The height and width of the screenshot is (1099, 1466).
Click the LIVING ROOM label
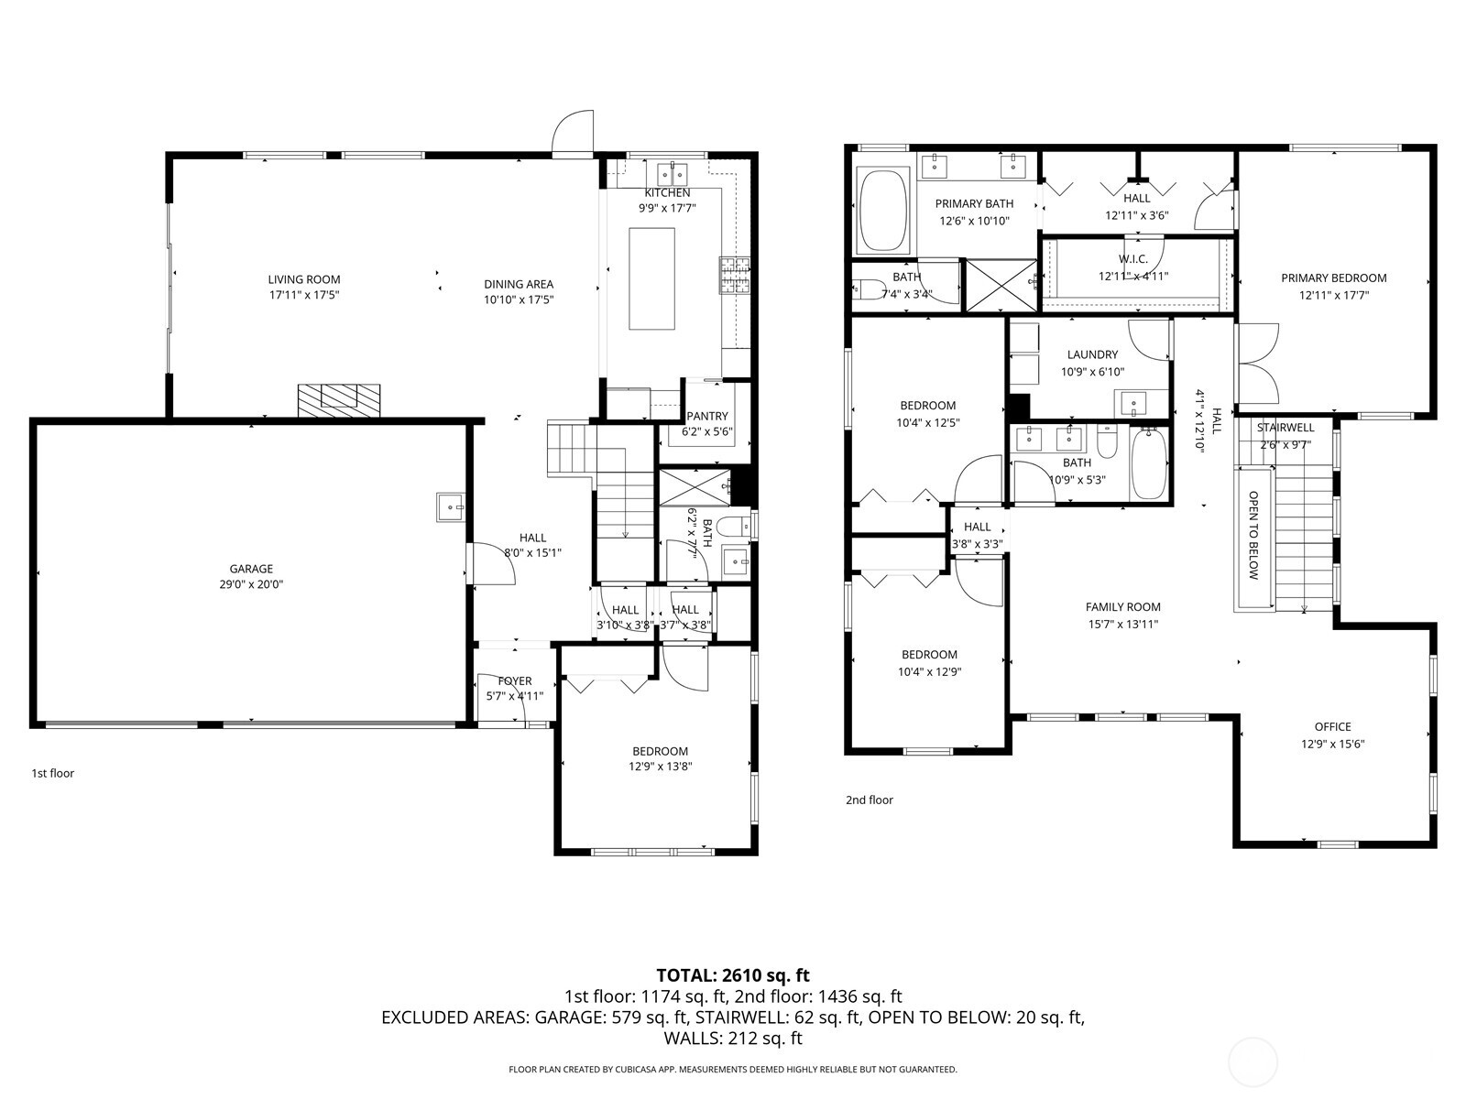tap(303, 279)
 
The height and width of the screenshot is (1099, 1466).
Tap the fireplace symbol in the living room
tap(338, 399)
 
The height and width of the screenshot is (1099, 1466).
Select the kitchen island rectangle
tap(651, 278)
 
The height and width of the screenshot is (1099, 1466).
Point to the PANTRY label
tap(706, 416)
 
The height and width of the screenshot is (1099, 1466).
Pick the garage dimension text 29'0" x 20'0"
tap(251, 584)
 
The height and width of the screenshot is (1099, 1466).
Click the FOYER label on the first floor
tap(515, 680)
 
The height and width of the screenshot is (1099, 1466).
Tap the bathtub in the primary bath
tap(883, 212)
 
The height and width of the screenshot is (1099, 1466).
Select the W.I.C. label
tap(1133, 259)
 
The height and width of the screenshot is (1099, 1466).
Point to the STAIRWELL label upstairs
tap(1285, 428)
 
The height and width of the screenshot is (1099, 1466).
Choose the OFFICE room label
tap(1332, 727)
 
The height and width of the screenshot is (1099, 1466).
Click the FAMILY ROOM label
tap(1122, 606)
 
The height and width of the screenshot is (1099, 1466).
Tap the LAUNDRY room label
tap(1092, 354)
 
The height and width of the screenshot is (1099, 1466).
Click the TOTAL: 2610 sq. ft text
tap(733, 975)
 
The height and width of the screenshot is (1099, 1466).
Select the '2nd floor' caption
tap(869, 800)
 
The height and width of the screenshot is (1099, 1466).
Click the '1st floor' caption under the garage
tap(53, 773)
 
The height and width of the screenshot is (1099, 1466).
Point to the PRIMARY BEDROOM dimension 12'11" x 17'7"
tap(1333, 295)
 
